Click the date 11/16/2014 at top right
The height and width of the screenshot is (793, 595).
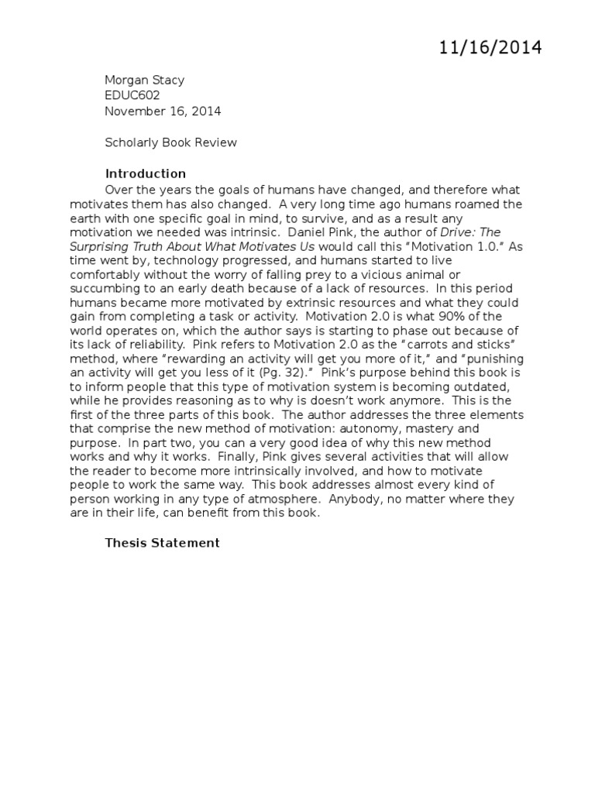click(x=490, y=48)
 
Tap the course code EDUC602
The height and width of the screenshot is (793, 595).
click(x=132, y=95)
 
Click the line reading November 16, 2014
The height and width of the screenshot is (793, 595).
click(x=163, y=111)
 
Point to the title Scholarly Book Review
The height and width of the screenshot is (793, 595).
click(x=170, y=142)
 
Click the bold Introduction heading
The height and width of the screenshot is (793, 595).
click(x=145, y=173)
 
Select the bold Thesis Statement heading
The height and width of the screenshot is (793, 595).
click(x=162, y=543)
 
